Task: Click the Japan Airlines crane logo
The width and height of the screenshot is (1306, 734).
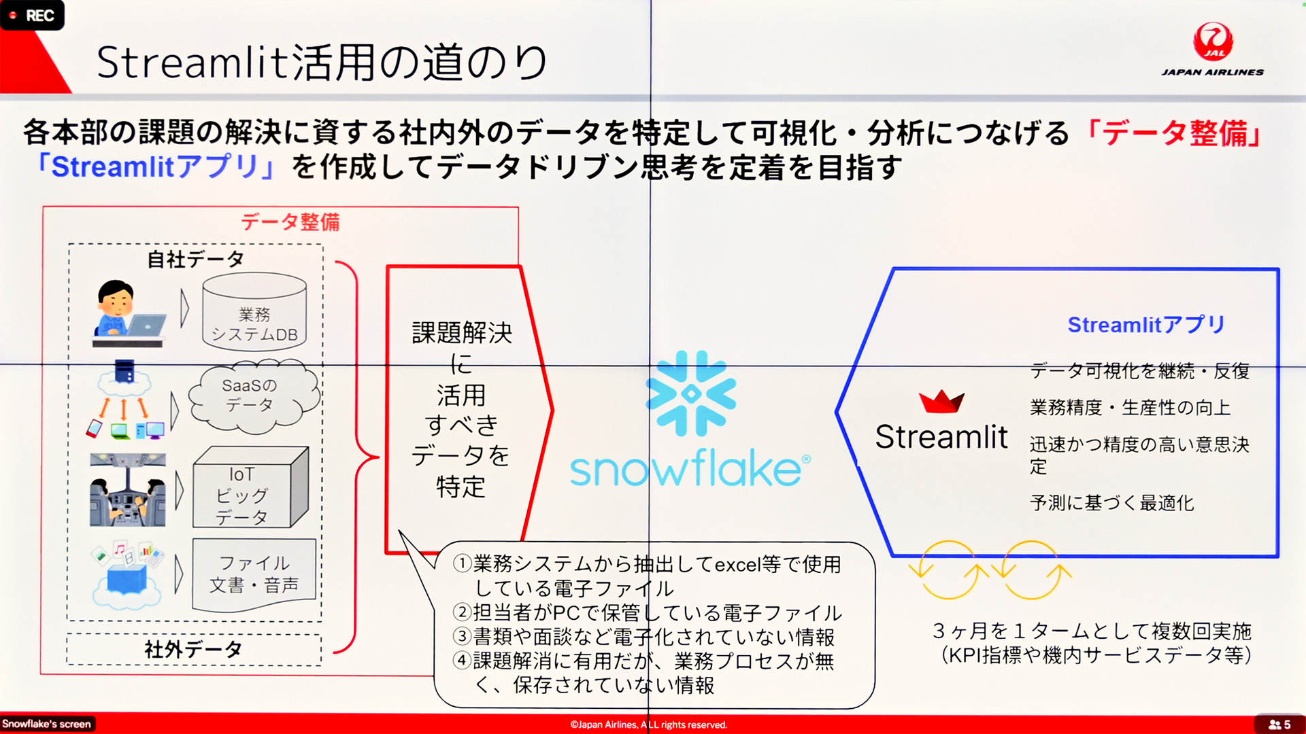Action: point(1213,42)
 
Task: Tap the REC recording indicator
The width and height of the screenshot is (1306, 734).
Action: point(32,15)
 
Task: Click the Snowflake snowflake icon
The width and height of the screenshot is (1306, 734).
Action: point(690,393)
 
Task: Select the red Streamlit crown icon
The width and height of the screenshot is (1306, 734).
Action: point(941,402)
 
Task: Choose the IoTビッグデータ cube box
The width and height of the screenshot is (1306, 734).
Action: point(250,487)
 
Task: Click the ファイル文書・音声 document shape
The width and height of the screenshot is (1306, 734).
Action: point(254,575)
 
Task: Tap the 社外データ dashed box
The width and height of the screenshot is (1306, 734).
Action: point(194,650)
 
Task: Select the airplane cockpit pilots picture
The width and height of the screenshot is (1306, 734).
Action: point(128,490)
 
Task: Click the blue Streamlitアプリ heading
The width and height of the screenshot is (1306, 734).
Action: point(1146,325)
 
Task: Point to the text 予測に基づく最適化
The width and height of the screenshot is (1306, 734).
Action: point(1112,503)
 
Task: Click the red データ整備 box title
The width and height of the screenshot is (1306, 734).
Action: point(290,222)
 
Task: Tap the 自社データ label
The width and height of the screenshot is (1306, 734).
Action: point(196,259)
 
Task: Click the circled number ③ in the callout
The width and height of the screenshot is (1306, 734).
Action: point(463,637)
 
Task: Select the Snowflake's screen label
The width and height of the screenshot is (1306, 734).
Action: point(46,724)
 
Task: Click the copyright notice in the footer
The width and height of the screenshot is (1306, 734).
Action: point(649,724)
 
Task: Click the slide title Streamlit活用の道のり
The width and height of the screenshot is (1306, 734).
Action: point(322,62)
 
